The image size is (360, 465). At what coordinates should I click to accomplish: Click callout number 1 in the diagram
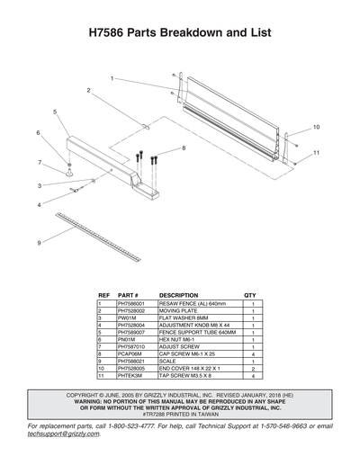pyautogui.click(x=112, y=79)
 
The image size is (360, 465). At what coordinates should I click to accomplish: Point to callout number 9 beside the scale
pyautogui.click(x=39, y=243)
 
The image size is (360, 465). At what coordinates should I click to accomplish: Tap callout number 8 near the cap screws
pyautogui.click(x=184, y=148)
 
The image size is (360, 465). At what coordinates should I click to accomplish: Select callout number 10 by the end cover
pyautogui.click(x=316, y=127)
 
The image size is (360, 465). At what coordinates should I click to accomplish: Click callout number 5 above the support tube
pyautogui.click(x=55, y=112)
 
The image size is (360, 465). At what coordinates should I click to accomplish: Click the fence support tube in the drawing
pyautogui.click(x=108, y=162)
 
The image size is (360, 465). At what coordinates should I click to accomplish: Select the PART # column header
pyautogui.click(x=128, y=295)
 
